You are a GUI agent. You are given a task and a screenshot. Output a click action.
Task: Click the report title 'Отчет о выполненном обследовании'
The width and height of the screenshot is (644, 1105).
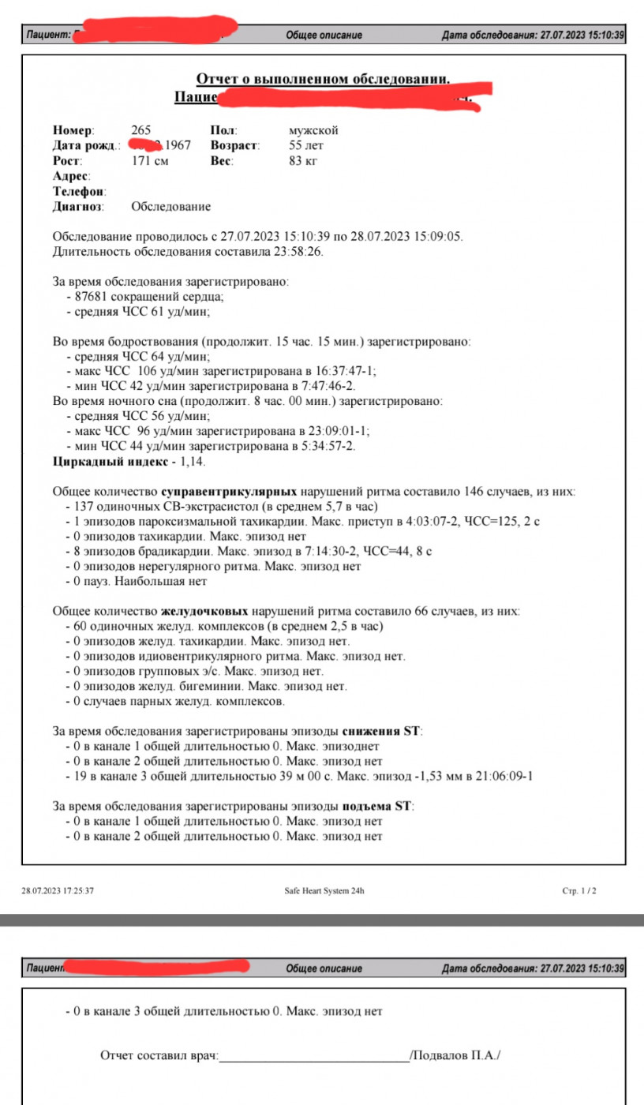pos(323,78)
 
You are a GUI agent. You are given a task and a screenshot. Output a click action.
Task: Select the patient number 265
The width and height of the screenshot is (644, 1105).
pos(141,130)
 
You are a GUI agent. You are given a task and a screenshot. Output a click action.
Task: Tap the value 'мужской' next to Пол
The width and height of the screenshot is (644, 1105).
pos(313,130)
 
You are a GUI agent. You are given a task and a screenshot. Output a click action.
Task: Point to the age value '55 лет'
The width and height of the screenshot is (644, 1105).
pos(306,145)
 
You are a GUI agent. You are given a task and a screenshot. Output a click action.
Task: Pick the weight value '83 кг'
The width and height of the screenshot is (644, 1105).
pos(303,160)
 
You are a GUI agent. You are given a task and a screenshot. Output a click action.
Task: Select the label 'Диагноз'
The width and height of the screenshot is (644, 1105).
pos(78,207)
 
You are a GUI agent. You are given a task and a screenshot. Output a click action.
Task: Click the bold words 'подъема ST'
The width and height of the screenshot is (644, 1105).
pos(377,807)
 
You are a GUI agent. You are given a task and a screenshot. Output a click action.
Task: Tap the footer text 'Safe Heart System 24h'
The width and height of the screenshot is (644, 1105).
pos(324,890)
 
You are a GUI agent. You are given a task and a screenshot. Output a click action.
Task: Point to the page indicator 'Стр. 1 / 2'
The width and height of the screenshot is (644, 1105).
pos(578,890)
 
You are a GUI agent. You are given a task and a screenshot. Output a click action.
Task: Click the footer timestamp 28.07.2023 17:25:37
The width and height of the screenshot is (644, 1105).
pos(58,890)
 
